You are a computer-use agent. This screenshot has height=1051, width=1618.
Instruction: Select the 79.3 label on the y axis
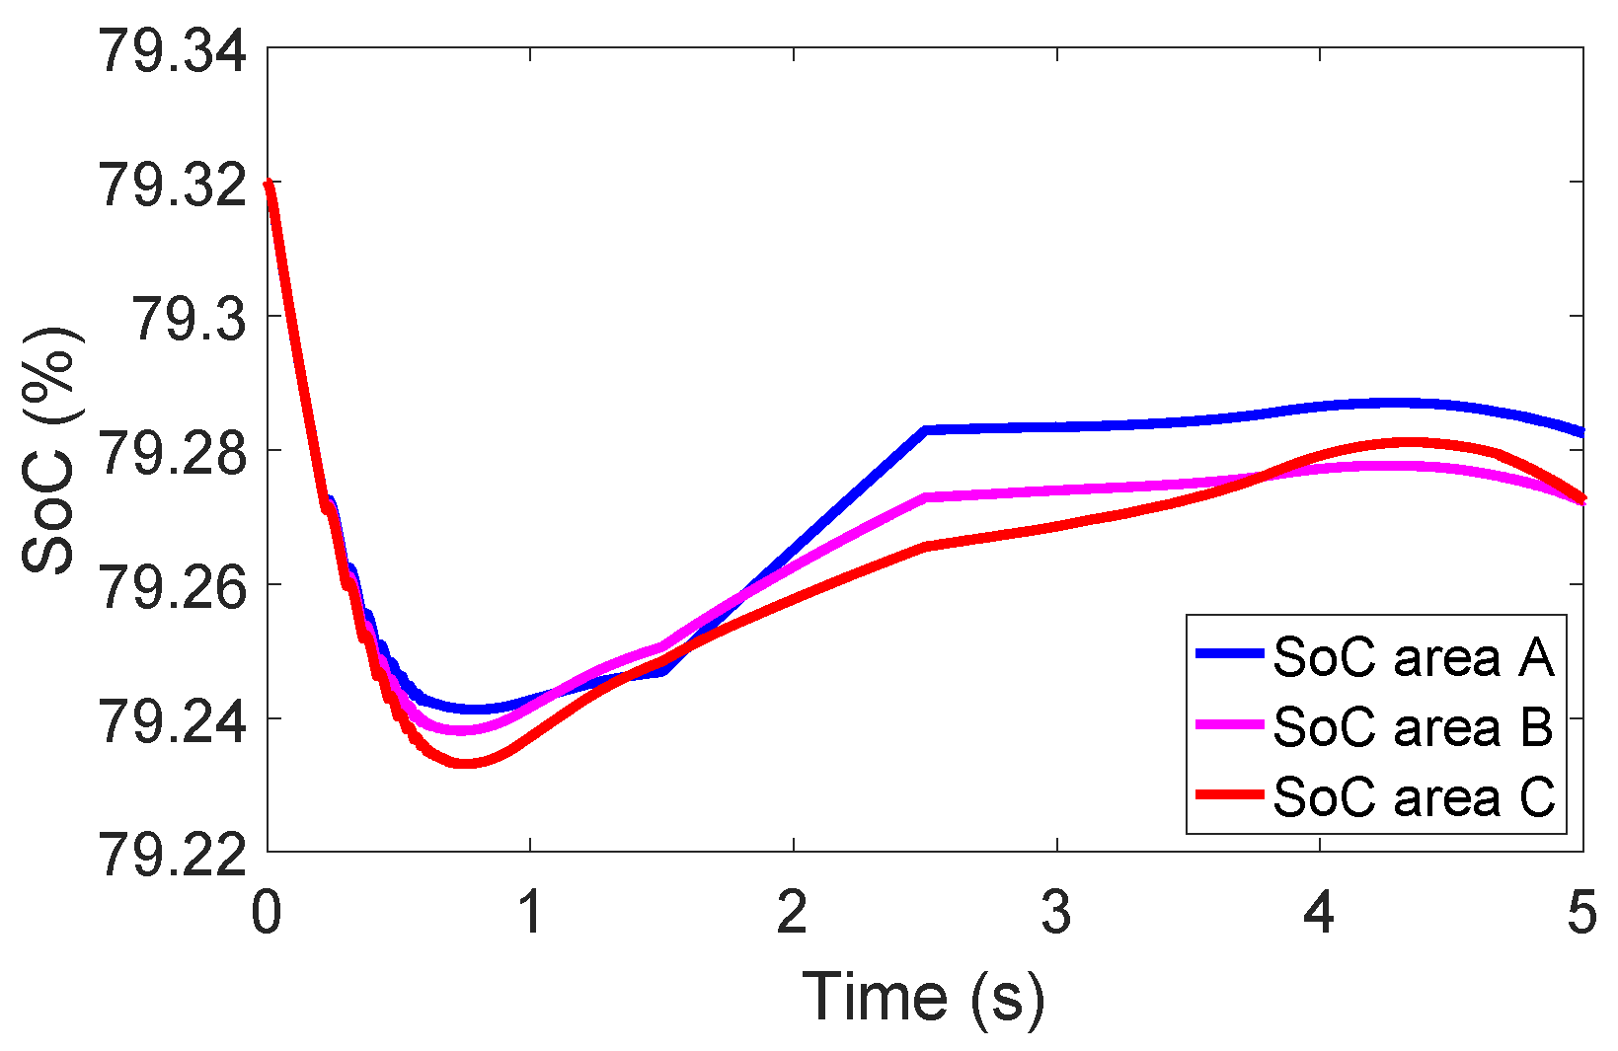point(188,319)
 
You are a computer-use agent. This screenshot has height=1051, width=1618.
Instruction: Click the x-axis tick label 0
point(267,913)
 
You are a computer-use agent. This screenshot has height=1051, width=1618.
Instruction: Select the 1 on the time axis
point(530,913)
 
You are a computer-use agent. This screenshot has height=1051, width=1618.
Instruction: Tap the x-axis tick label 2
point(793,913)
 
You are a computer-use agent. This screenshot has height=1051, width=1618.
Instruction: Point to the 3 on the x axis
point(1056,913)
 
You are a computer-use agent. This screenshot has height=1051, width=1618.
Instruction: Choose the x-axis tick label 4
point(1319,913)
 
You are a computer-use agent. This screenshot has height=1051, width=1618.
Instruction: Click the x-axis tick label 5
point(1581,913)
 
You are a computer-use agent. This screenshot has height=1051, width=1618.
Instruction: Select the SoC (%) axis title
point(49,450)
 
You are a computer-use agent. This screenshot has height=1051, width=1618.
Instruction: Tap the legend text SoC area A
point(1413,657)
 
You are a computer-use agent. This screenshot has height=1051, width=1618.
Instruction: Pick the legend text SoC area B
point(1413,726)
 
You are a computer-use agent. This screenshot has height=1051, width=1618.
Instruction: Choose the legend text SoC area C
point(1413,796)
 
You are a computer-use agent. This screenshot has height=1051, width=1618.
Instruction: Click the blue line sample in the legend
point(1229,653)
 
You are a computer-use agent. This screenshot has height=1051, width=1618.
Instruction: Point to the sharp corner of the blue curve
point(925,429)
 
